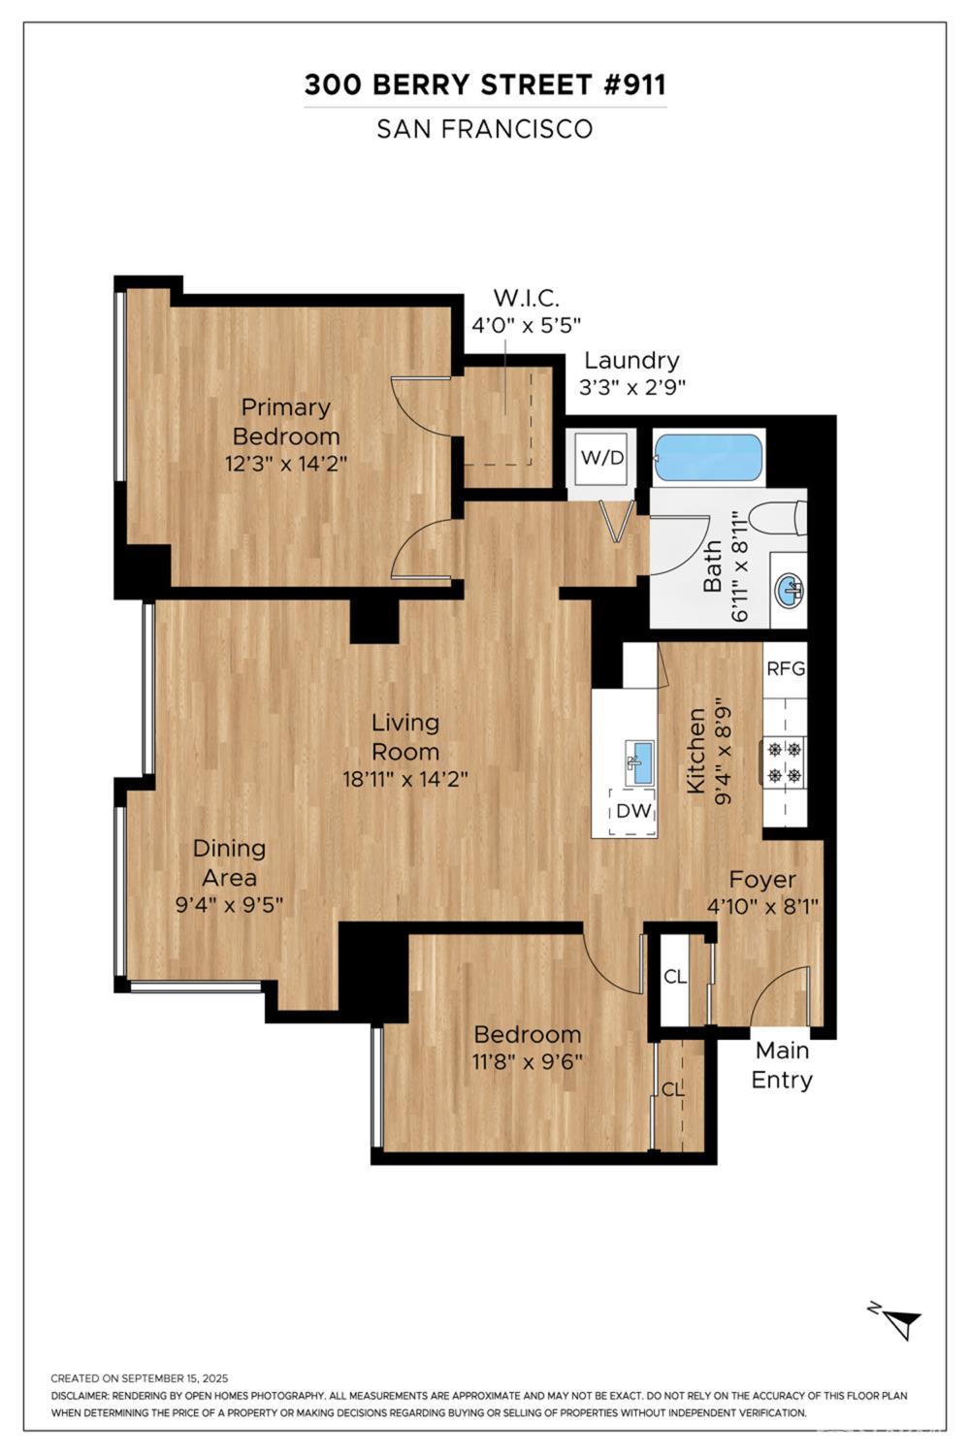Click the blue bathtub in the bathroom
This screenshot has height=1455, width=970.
[708, 457]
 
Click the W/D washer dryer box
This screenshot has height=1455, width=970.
[602, 458]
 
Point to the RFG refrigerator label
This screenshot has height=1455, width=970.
[786, 668]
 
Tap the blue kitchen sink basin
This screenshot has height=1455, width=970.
[641, 762]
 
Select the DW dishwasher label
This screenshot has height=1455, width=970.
[633, 811]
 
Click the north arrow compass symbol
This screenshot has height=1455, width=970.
[900, 1320]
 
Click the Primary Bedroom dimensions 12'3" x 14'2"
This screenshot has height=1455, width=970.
[286, 465]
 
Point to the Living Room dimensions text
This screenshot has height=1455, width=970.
[405, 779]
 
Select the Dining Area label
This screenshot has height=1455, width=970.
[229, 862]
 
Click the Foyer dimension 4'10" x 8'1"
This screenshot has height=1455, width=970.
[762, 905]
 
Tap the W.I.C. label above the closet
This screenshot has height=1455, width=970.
[527, 298]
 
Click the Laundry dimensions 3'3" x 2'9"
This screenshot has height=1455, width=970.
[632, 387]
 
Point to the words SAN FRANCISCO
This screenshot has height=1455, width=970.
[485, 129]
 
